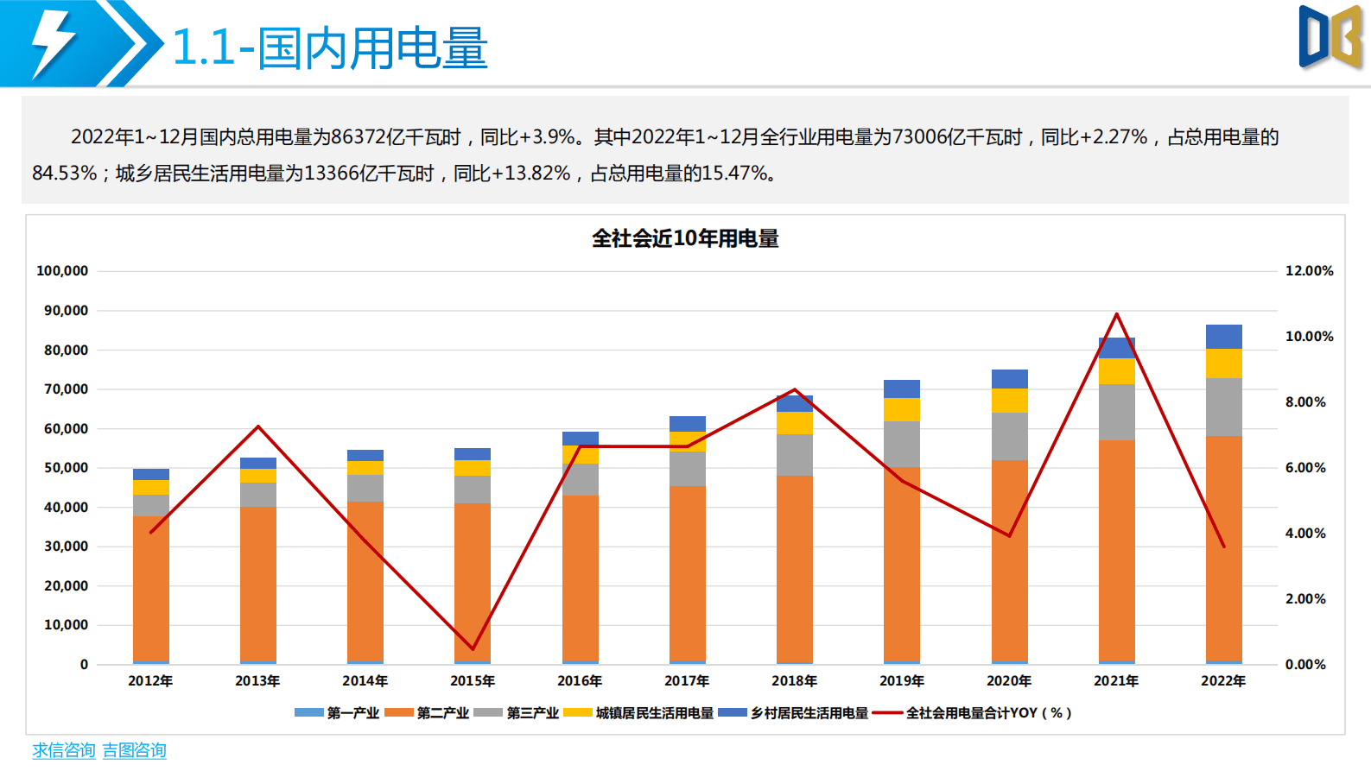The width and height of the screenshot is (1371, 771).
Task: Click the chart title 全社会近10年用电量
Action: (x=685, y=238)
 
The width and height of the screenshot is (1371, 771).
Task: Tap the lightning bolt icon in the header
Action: (x=52, y=43)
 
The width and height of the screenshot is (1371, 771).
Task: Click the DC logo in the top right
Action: (x=1330, y=37)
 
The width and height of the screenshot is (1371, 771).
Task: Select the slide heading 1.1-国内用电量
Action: (x=330, y=47)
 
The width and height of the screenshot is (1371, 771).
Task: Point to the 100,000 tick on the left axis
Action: (x=62, y=271)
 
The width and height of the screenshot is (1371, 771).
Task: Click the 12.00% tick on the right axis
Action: (x=1309, y=271)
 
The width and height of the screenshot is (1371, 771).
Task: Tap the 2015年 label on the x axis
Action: (x=473, y=681)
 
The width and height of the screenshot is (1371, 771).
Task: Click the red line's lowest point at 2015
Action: (x=473, y=648)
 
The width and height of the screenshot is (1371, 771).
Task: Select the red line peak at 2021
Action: (x=1116, y=314)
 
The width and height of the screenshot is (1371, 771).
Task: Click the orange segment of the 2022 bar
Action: (x=1223, y=553)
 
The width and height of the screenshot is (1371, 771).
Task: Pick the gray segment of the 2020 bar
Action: (x=1009, y=436)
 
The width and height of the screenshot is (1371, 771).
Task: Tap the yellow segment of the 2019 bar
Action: (x=902, y=409)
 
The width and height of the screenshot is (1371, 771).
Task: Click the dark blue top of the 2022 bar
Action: (x=1223, y=337)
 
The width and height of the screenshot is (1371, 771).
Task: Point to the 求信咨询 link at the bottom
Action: (x=64, y=750)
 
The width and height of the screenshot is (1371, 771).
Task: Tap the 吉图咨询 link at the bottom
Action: (x=134, y=750)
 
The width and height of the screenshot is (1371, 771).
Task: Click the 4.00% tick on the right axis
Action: (x=1304, y=534)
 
